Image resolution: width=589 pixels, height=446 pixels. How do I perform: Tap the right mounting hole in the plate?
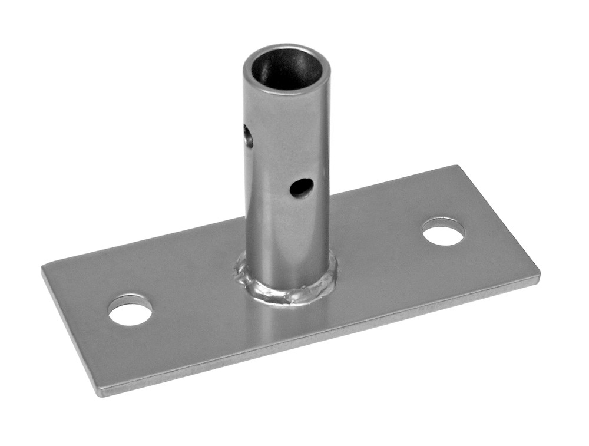coord(443,232)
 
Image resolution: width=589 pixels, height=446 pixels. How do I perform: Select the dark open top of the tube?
coord(287,70)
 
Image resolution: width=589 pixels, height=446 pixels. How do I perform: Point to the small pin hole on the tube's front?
coord(301,187)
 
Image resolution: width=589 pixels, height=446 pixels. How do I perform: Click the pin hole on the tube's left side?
coord(249,137)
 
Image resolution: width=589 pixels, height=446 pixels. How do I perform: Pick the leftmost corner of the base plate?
coord(44,268)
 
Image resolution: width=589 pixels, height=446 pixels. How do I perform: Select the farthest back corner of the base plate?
coord(456,167)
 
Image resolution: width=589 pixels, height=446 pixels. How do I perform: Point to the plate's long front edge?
coord(318,336)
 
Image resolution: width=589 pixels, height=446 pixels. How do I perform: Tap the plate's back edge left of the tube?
coord(147,242)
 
